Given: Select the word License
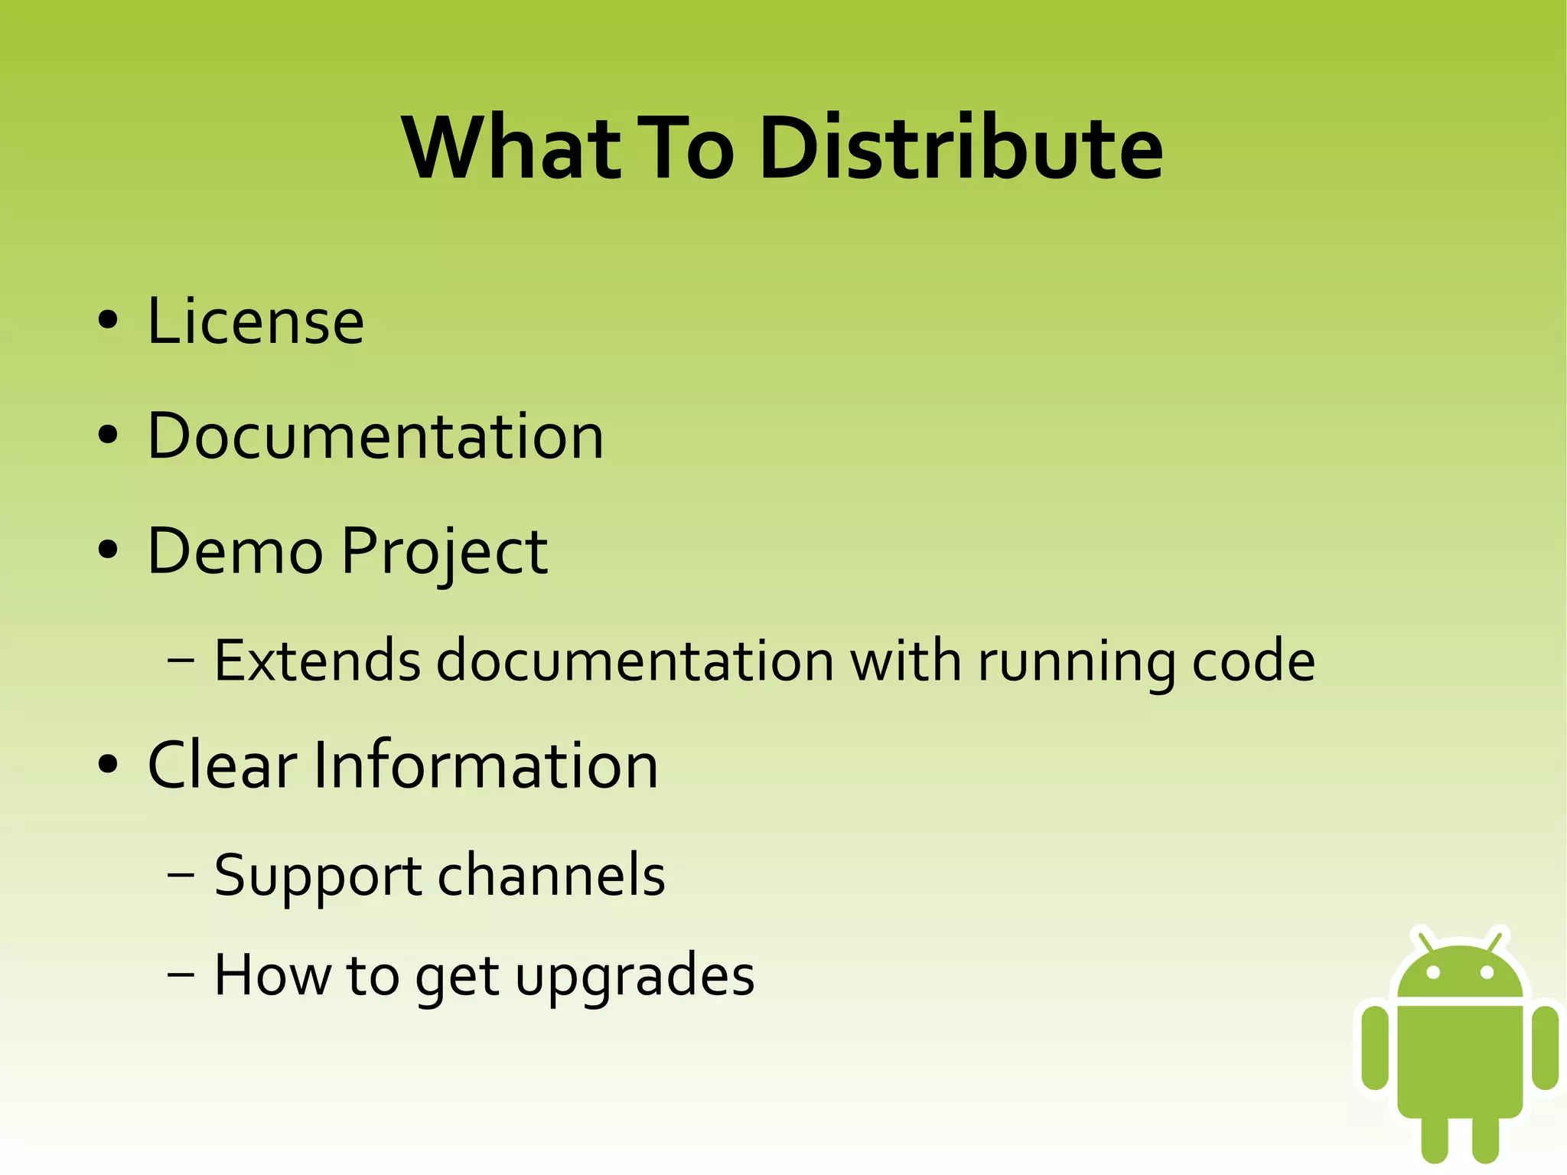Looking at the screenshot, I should pos(256,321).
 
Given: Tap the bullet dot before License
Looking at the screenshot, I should pos(108,321).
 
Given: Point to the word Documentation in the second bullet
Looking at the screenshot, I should pos(376,436).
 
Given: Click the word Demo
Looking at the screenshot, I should pos(235,551).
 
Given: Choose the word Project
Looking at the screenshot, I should pos(445,553).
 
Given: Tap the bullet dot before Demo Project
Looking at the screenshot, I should pos(108,550).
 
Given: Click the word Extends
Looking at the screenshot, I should pos(317,660).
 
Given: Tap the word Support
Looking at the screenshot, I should pos(317,876).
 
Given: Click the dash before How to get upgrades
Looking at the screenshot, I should pos(181,975).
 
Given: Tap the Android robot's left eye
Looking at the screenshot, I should pos(1434,972).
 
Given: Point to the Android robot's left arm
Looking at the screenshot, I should pos(1375,1046).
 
